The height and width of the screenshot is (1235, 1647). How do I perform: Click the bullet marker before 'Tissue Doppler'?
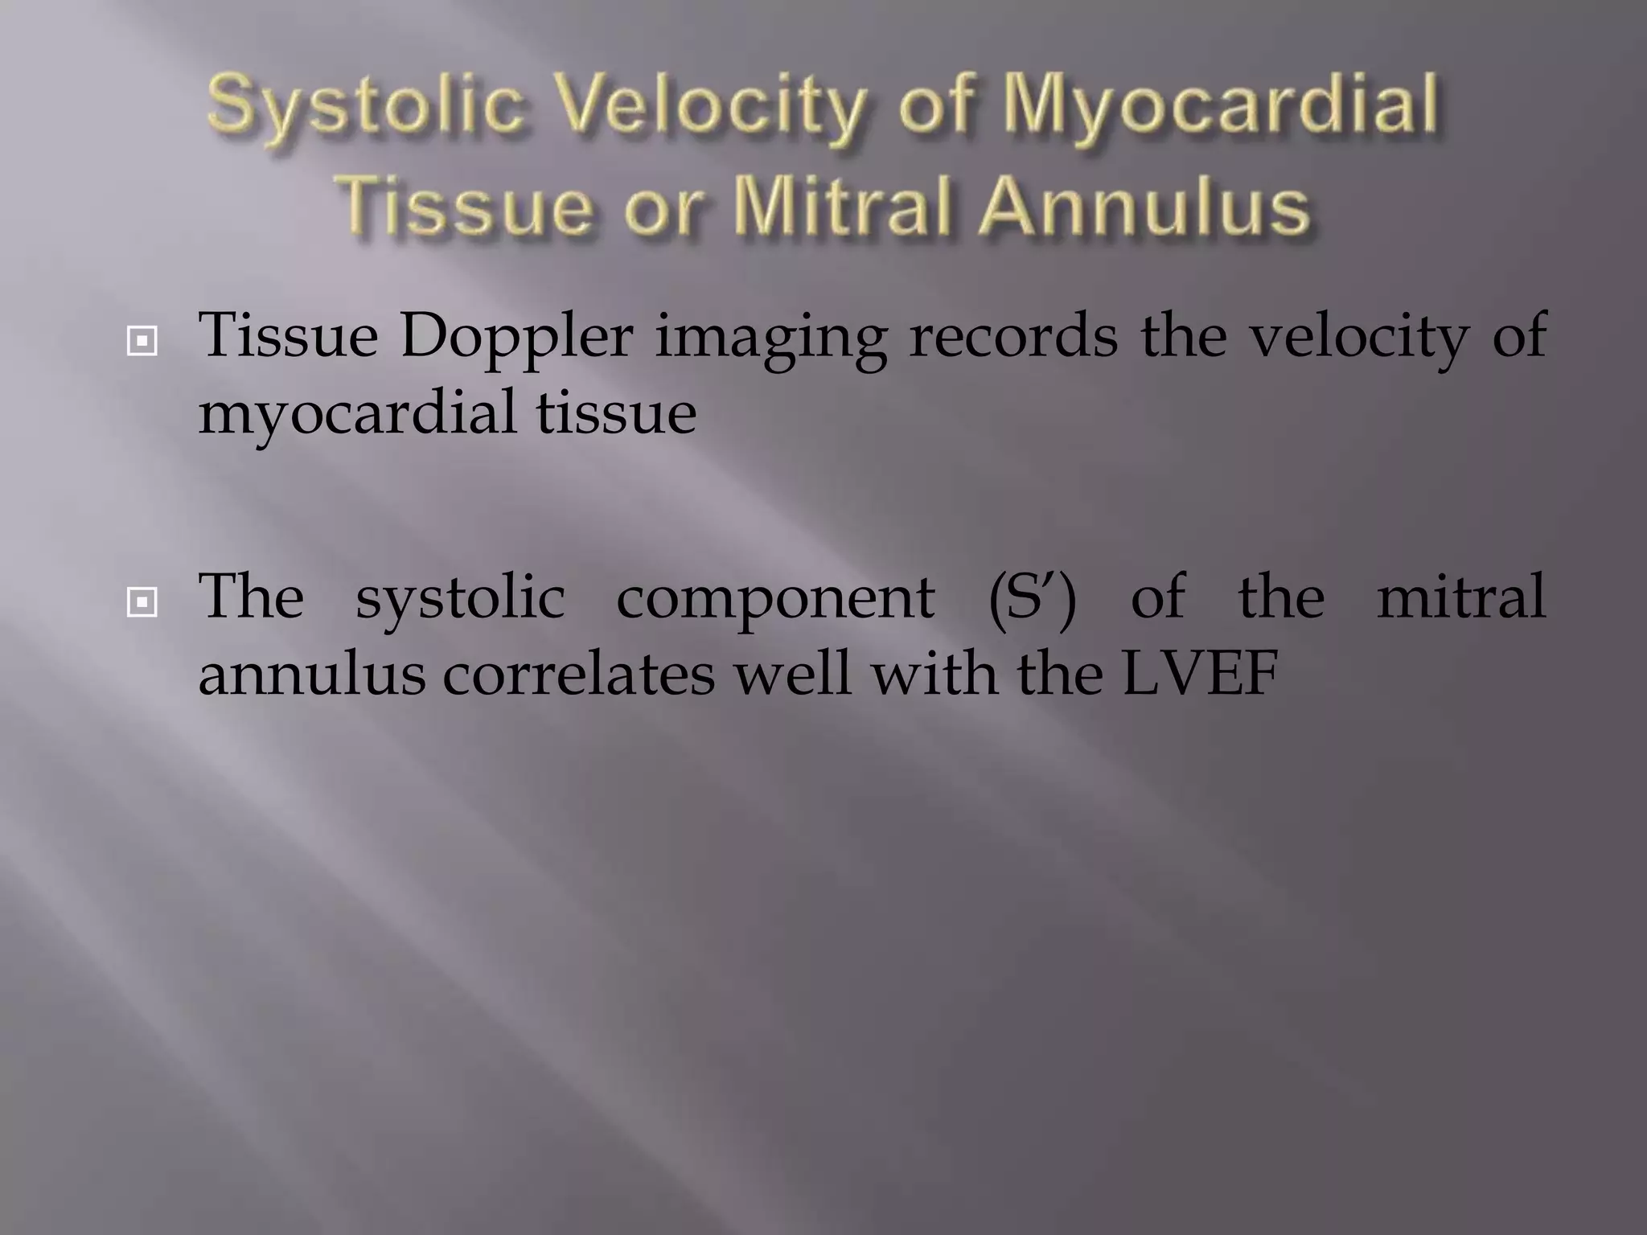point(142,343)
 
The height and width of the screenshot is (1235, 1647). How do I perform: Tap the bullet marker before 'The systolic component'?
point(142,602)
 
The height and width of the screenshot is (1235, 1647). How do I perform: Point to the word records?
point(1013,336)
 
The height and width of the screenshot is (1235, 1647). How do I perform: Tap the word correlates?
point(578,674)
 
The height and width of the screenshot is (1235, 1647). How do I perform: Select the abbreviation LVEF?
point(1199,674)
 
